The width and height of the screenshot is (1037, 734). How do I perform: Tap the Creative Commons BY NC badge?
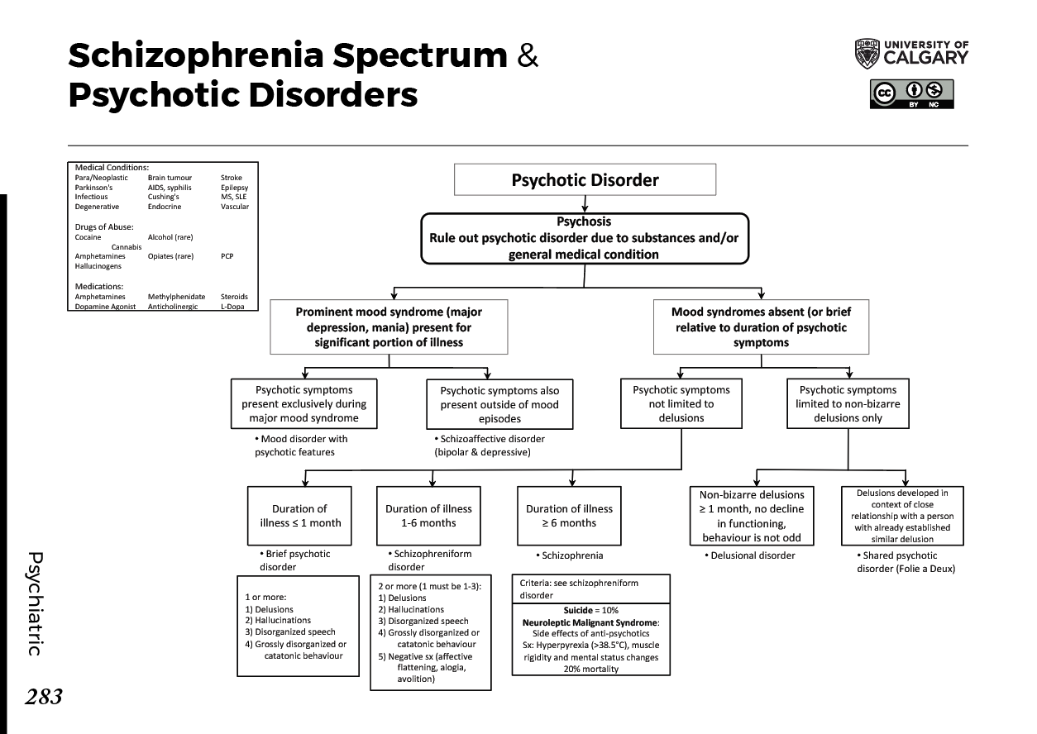pyautogui.click(x=911, y=93)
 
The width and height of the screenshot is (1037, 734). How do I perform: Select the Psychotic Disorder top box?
pyautogui.click(x=585, y=179)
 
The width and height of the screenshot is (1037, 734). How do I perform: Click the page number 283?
pyautogui.click(x=43, y=698)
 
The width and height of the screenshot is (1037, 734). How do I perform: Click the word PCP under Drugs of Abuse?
pyautogui.click(x=227, y=256)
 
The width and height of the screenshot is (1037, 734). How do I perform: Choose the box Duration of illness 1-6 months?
pyautogui.click(x=428, y=516)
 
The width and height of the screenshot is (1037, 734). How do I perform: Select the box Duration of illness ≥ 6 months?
pyautogui.click(x=569, y=516)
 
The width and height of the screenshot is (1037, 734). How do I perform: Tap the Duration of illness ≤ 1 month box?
pyautogui.click(x=299, y=516)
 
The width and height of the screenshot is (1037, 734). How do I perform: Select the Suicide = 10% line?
pyautogui.click(x=590, y=609)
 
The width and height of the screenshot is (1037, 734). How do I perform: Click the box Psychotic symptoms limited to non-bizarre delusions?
pyautogui.click(x=848, y=403)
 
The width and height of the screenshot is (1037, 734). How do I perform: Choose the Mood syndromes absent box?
pyautogui.click(x=761, y=326)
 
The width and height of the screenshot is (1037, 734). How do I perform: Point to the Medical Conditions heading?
pyautogui.click(x=112, y=167)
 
